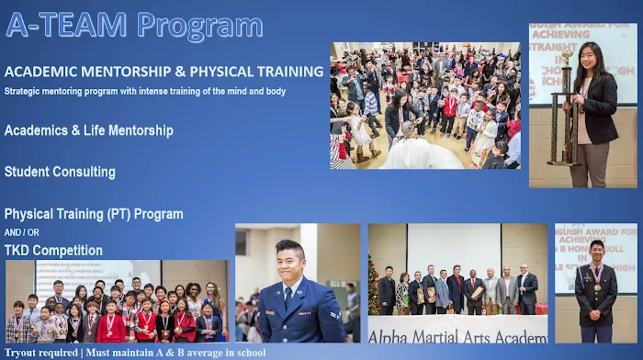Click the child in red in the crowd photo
coord(450,106)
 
